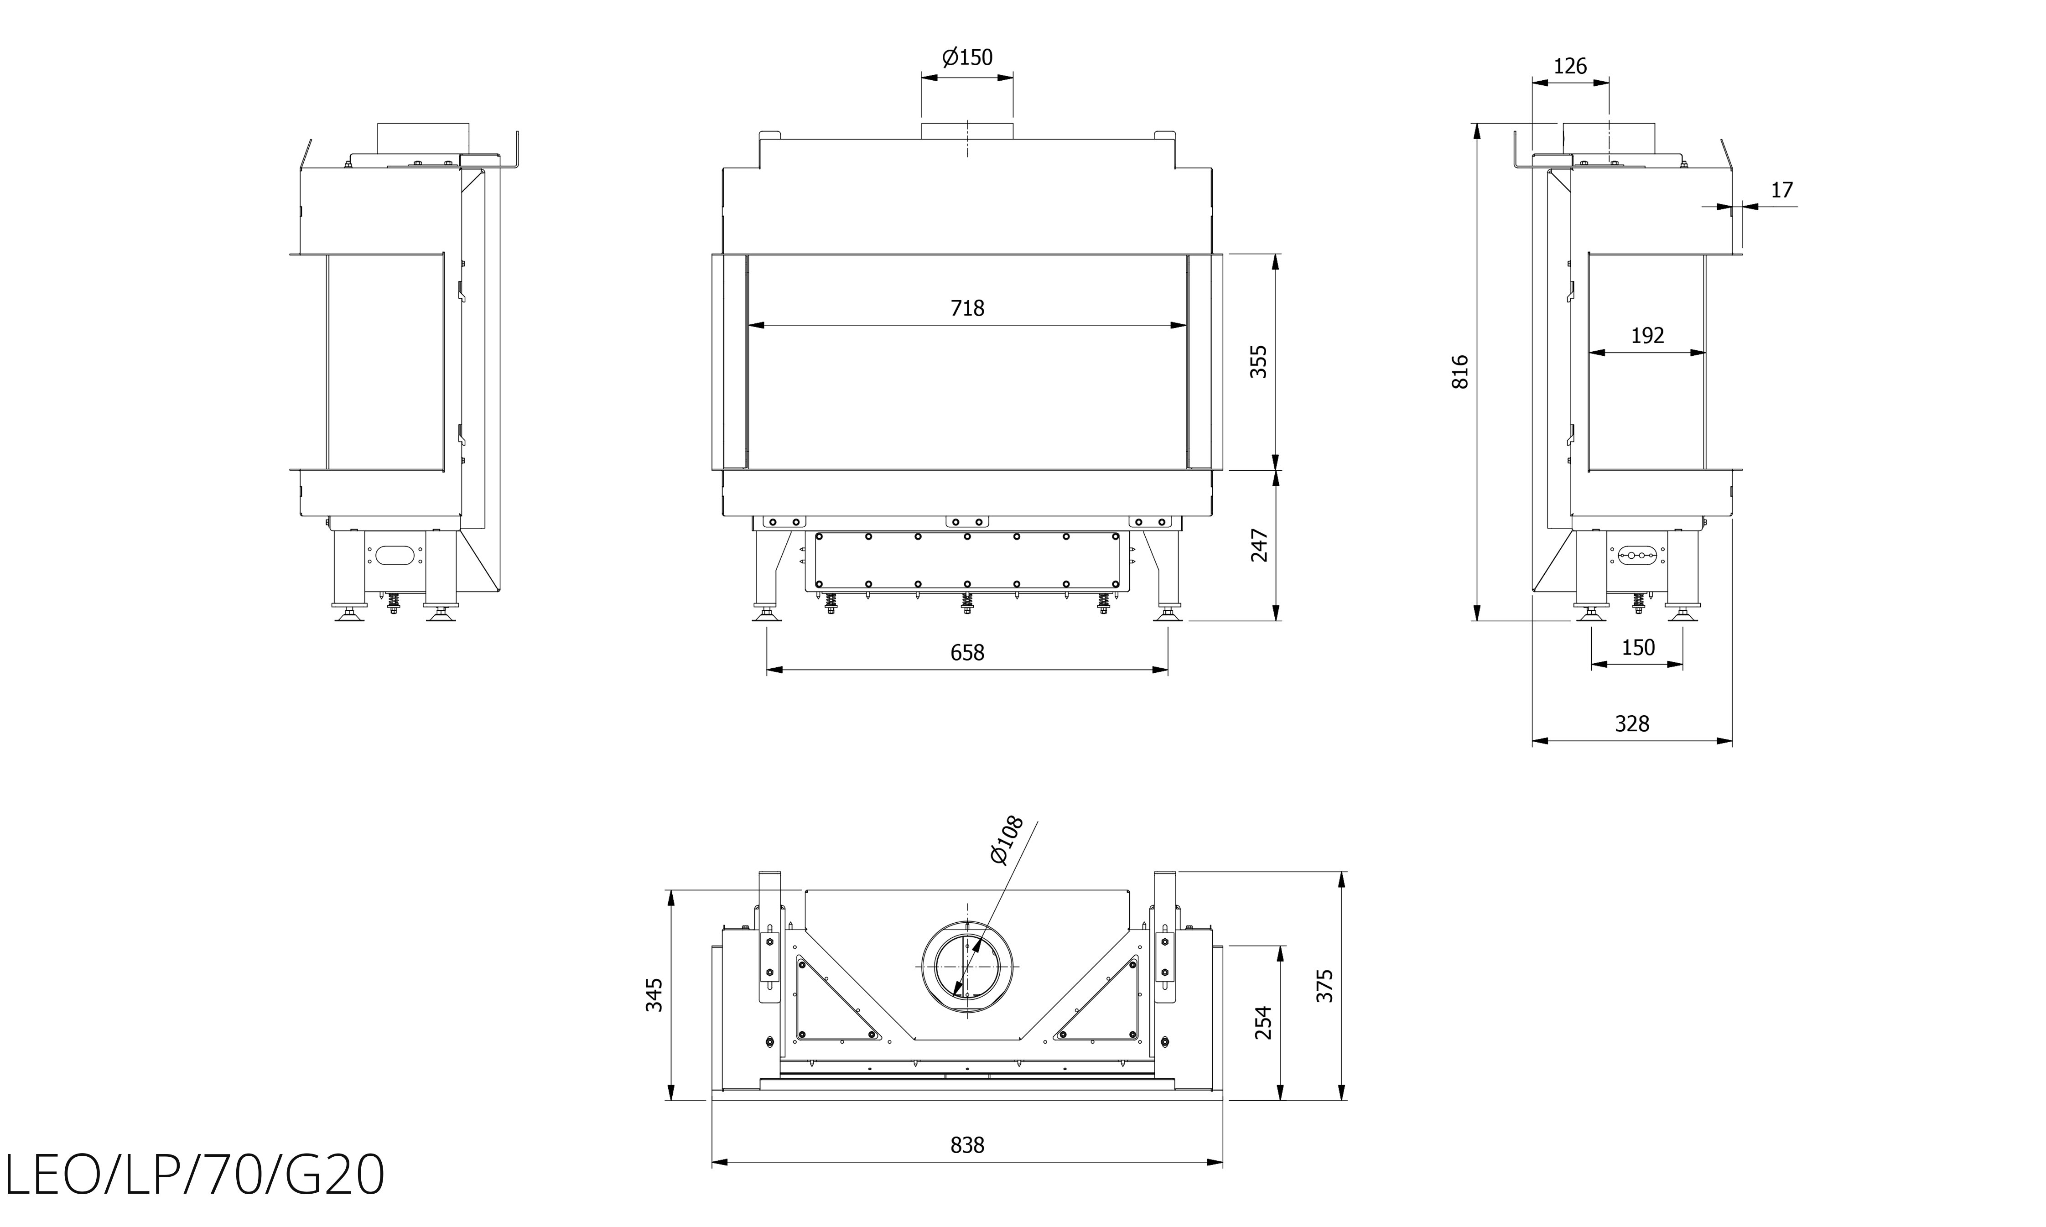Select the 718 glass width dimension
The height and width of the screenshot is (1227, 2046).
[x=967, y=308]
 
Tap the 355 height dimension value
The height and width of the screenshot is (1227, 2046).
[x=1257, y=361]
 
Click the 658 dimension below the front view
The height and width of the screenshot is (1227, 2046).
[x=967, y=653]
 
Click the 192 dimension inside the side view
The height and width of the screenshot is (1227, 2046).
[x=1647, y=336]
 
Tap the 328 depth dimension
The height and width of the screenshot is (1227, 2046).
[x=1632, y=724]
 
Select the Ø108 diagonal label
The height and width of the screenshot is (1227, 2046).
[x=1007, y=840]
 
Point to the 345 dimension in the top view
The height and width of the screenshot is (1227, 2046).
[x=654, y=995]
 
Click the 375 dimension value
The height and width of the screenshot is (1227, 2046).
[x=1324, y=986]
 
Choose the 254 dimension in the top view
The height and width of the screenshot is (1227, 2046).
[x=1262, y=1023]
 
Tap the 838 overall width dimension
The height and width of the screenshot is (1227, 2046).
[x=967, y=1145]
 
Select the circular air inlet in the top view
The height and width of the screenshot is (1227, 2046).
[x=967, y=967]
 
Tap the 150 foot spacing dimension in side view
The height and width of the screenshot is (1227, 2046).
[x=1638, y=647]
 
